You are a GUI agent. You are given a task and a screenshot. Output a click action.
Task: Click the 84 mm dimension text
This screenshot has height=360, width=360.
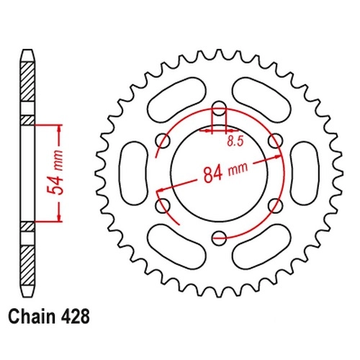(225, 171)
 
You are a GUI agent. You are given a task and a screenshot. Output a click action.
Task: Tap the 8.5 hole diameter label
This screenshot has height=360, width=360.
(235, 141)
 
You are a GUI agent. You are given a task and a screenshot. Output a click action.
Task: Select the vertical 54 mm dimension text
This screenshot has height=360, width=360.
(55, 173)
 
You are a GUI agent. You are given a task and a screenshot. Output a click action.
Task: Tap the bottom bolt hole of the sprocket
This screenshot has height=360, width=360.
(219, 238)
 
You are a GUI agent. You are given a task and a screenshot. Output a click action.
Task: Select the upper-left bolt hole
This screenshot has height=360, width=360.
(163, 141)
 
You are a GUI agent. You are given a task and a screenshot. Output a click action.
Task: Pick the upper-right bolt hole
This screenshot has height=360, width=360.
(275, 141)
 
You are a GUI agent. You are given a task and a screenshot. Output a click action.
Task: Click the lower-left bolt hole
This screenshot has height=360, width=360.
(163, 205)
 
